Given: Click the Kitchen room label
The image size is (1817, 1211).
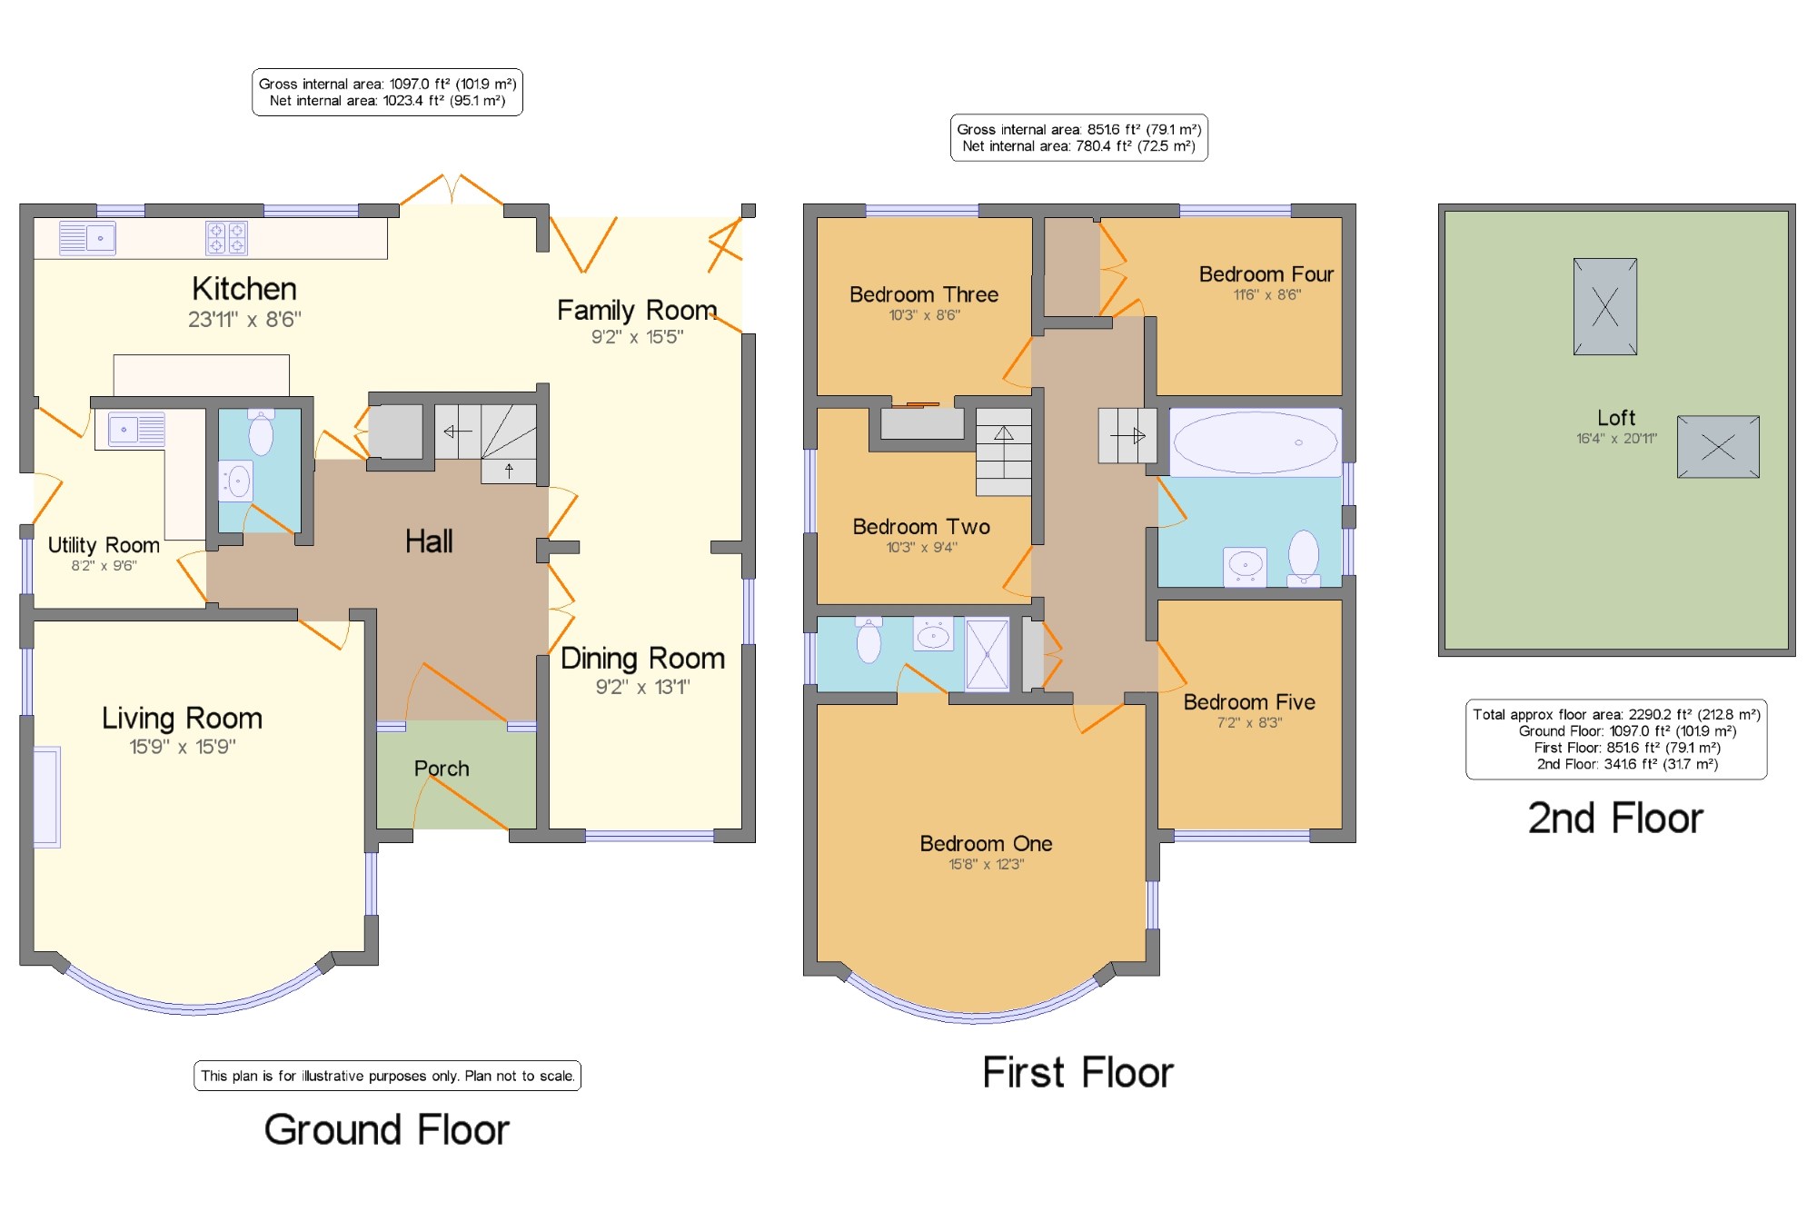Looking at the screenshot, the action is coord(244,289).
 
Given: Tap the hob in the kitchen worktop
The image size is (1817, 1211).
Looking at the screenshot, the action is coord(226,238).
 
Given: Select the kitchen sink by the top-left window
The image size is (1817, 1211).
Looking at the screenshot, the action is coord(87,238).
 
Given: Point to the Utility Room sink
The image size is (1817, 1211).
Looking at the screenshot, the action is coord(137,429).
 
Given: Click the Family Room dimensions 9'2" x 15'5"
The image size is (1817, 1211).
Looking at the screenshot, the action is coord(638,337).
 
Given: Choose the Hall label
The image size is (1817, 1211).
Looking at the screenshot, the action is coord(429,541).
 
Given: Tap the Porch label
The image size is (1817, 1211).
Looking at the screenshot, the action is coord(442,769).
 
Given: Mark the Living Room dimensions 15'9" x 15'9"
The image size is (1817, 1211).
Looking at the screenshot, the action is coord(183,747).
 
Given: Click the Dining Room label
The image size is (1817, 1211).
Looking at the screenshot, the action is coord(642,658).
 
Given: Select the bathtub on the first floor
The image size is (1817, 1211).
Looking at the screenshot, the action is coord(1256,442).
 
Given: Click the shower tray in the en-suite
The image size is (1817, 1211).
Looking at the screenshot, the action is coord(987,654).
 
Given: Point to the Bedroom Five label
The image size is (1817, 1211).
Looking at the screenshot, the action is coord(1249,702).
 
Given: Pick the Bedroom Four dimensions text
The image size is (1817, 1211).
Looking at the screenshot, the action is coord(1266,294).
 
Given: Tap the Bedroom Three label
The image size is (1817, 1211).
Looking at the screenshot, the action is coord(924,294).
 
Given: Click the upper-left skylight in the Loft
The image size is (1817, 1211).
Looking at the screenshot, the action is coord(1605,306).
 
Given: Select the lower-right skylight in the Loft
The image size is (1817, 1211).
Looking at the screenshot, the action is coord(1718,446).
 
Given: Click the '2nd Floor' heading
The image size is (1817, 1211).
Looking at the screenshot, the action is coord(1615,819).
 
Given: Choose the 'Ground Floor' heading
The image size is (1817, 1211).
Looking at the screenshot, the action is coord(387,1130).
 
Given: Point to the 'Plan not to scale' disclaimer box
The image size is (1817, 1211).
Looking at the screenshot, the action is coord(387,1076).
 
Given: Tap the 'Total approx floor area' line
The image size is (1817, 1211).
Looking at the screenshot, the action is coord(1616,715).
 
